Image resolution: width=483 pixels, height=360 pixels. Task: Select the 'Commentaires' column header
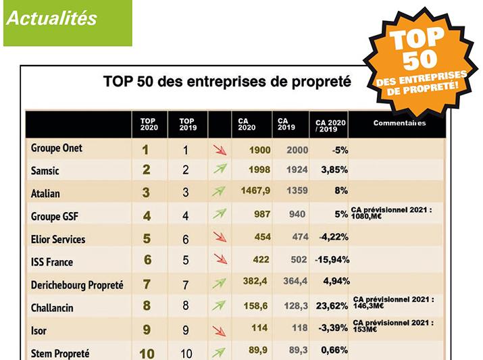(399, 123)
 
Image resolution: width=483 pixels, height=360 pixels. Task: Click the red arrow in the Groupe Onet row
(220, 150)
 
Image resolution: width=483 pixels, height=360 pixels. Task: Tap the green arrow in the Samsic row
(220, 170)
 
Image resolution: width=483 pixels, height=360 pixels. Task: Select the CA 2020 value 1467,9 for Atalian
(255, 191)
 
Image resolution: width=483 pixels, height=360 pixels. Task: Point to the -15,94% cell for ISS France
(331, 261)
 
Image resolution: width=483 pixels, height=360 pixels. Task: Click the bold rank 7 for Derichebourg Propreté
(147, 284)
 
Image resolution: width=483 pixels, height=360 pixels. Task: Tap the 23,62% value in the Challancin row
(332, 307)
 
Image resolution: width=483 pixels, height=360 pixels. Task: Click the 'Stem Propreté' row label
(60, 353)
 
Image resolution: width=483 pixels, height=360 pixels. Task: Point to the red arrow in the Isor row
(220, 330)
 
